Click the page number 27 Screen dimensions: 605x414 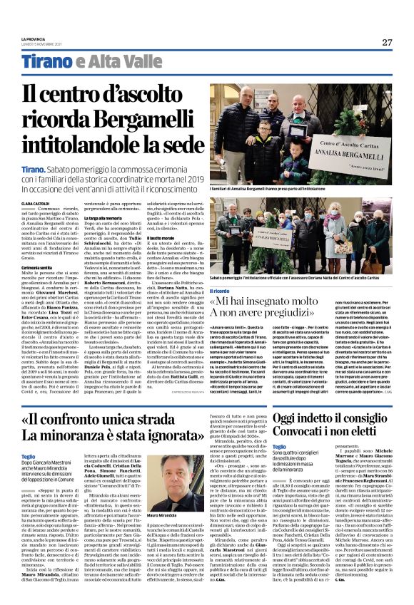tap(387, 42)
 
